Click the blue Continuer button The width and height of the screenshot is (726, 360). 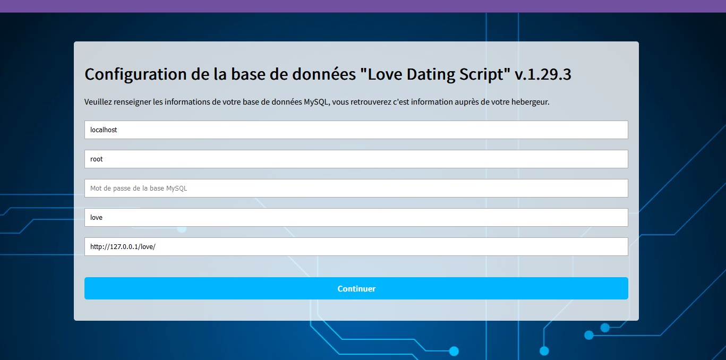356,288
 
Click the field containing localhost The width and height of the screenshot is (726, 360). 356,130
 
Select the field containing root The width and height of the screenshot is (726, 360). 356,159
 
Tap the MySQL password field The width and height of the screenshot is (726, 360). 356,188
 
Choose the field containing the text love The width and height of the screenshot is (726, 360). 356,217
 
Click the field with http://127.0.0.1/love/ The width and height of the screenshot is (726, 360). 356,246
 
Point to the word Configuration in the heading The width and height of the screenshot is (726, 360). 135,75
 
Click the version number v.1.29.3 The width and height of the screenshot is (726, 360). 543,74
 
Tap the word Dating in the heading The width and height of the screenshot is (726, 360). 431,75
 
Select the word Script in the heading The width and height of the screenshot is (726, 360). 482,75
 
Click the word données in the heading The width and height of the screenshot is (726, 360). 324,74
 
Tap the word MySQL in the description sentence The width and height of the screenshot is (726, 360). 315,102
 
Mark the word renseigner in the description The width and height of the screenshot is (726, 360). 132,102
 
